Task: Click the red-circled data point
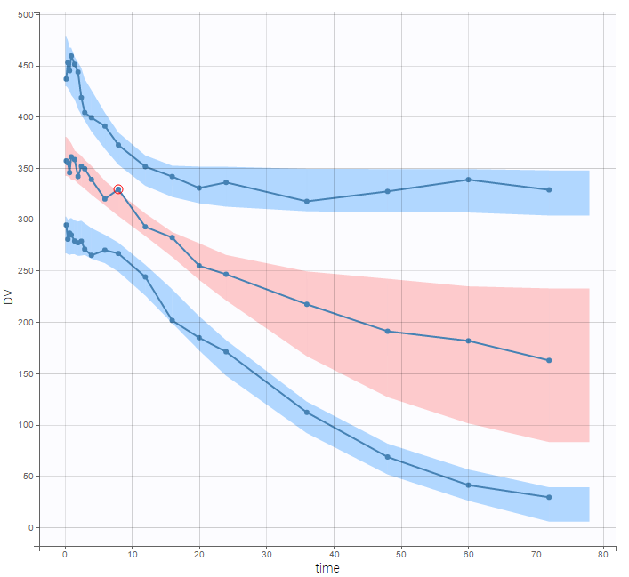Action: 118,189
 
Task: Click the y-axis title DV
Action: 9,297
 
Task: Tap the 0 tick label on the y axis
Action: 29,527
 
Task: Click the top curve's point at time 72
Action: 549,189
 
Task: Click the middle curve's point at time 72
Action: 549,360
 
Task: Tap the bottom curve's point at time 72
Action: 549,497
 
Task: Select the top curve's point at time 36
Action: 307,202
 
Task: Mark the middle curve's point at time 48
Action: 388,332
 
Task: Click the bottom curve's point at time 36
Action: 307,412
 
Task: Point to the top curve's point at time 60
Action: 468,180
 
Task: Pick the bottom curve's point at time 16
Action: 173,320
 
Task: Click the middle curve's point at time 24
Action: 226,274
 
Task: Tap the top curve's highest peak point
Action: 71,56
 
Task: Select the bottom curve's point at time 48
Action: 388,457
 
